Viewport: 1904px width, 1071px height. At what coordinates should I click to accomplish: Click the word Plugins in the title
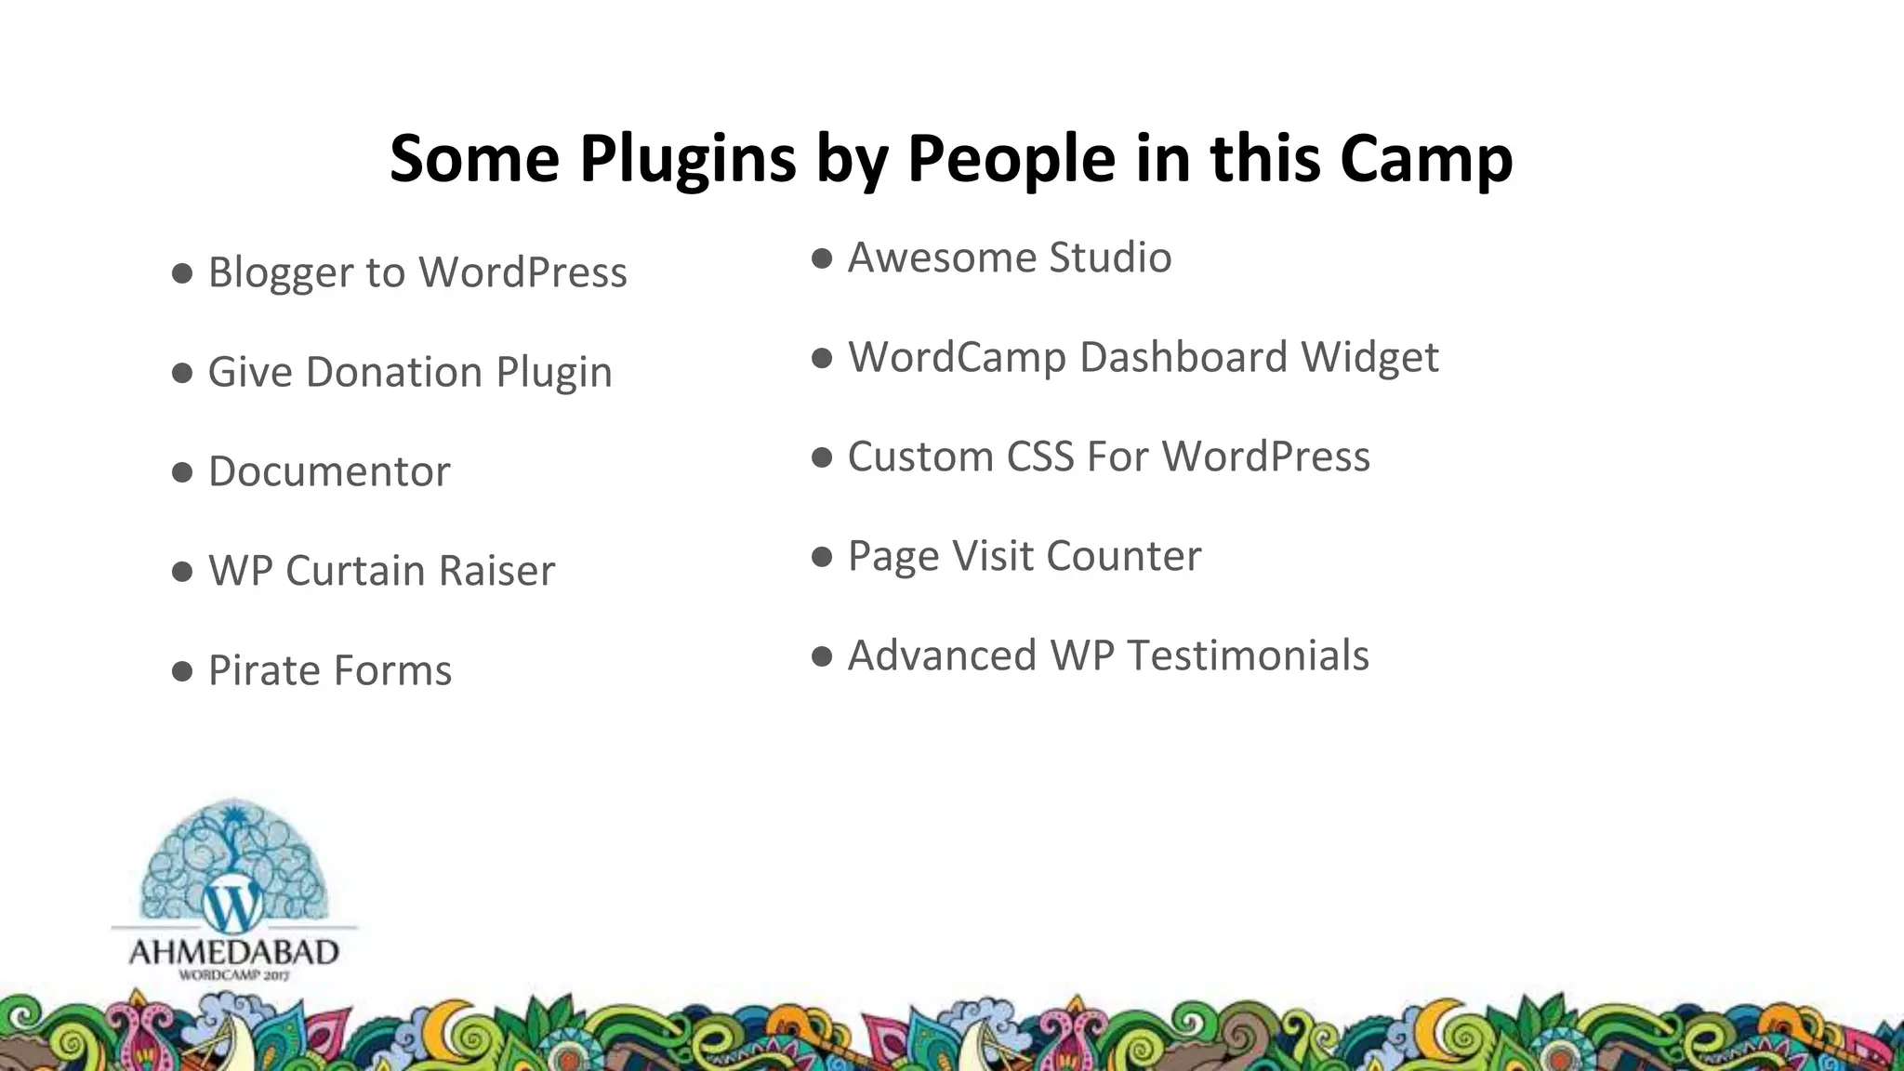point(687,160)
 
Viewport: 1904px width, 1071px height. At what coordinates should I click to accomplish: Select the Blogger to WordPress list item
point(416,273)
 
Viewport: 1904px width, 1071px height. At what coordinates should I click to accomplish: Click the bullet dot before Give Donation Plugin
point(182,373)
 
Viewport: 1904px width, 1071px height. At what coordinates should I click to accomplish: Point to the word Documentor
point(329,472)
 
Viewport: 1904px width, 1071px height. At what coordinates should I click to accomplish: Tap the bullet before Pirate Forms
point(182,671)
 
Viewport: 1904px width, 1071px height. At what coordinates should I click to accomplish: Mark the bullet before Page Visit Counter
point(822,557)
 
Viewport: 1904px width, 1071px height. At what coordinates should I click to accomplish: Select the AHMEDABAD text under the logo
point(233,953)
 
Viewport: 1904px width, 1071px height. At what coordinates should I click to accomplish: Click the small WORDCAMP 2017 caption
point(233,975)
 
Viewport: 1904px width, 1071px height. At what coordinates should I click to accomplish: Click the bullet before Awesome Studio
point(822,258)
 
